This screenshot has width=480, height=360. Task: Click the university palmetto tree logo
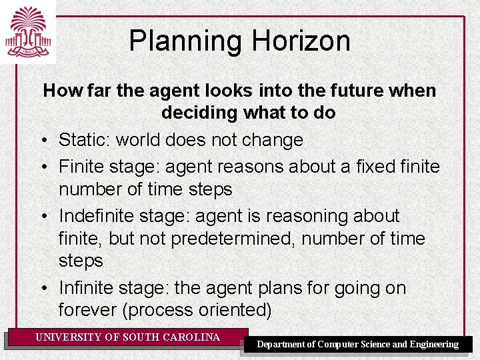click(27, 31)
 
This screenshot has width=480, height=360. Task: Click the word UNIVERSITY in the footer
click(69, 337)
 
